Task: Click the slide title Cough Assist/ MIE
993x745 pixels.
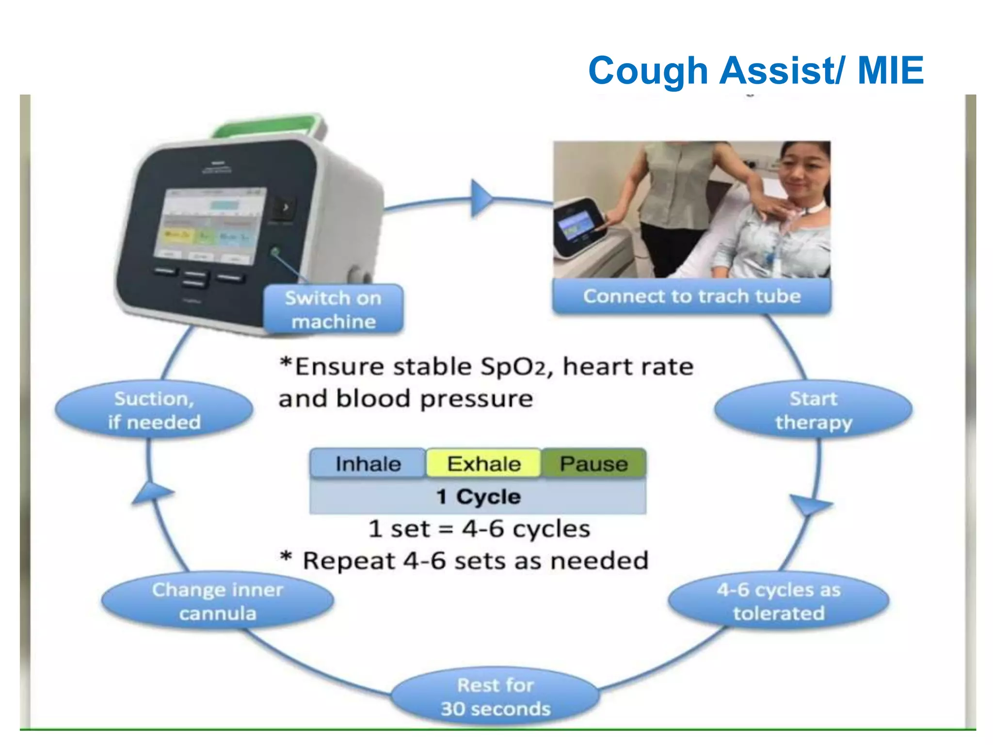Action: (x=755, y=71)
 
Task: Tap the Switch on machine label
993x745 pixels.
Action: (x=333, y=309)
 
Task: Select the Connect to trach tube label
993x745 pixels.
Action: (x=691, y=296)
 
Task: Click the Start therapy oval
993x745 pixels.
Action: (x=813, y=410)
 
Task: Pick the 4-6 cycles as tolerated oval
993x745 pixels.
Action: (x=778, y=601)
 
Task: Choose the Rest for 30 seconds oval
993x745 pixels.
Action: (x=495, y=697)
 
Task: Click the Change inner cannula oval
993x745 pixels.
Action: (x=218, y=601)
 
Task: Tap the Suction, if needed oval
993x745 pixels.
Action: (x=154, y=410)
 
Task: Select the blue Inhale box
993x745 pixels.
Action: (x=368, y=464)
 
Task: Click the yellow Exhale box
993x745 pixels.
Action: (x=483, y=464)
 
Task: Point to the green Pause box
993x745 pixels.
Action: (x=593, y=464)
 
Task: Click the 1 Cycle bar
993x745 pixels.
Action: (x=478, y=497)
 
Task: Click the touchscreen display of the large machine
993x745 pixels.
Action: (x=209, y=226)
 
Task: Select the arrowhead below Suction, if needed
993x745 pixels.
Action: (x=152, y=493)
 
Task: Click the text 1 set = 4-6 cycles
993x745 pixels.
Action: (x=479, y=529)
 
